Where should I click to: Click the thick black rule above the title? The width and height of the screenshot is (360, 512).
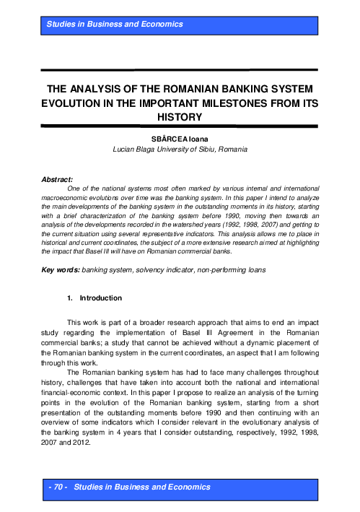pos(180,71)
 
